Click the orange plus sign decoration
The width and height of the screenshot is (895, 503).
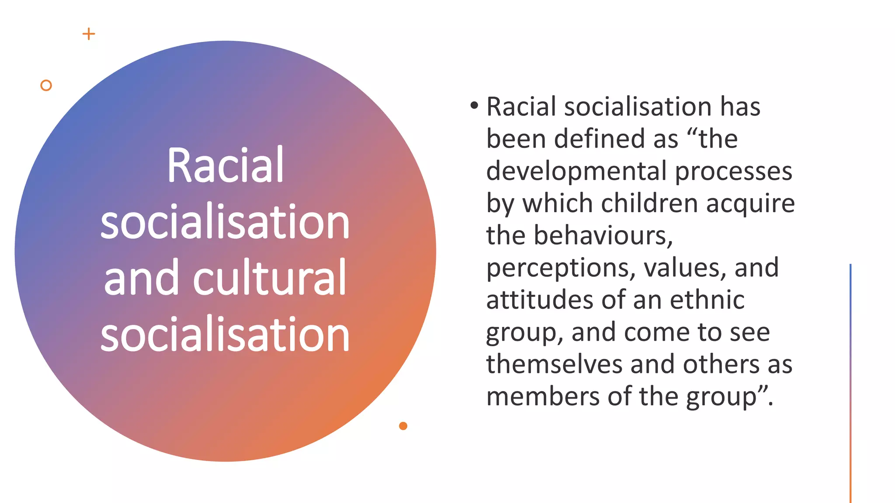89,34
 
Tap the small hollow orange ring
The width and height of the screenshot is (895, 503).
46,86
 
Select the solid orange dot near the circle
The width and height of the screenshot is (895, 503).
403,426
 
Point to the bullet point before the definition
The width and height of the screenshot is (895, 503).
474,105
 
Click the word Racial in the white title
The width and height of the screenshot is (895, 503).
225,165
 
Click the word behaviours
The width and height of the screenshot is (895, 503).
603,235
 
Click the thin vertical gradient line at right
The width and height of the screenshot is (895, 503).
850,384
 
